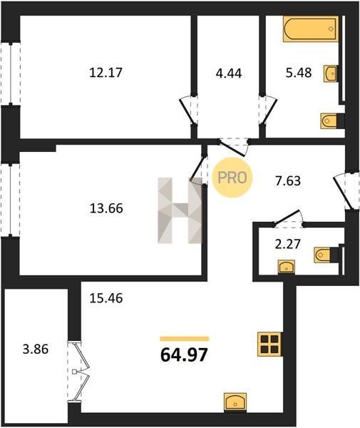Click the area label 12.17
point(106,73)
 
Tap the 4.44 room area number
point(229,73)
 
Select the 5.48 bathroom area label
point(299,73)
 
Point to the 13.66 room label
point(106,208)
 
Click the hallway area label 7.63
point(288,181)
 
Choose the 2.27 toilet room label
point(288,244)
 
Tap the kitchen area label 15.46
point(106,298)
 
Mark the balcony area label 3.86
point(36,349)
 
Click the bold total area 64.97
point(184,355)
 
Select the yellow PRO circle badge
point(232,178)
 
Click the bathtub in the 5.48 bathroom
point(311,29)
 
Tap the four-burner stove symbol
point(269,345)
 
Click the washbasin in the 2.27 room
point(287,267)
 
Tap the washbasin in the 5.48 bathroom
point(331,73)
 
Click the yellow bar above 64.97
point(185,339)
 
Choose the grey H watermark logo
point(180,210)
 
